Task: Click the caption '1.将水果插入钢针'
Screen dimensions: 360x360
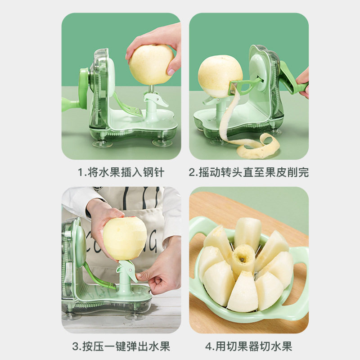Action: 121,172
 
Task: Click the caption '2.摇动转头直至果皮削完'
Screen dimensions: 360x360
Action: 248,172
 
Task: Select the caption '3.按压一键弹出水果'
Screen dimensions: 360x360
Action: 121,346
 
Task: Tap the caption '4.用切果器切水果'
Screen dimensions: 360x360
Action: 248,346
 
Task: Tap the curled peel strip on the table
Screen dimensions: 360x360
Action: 256,144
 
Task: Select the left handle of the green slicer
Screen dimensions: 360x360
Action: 198,229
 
